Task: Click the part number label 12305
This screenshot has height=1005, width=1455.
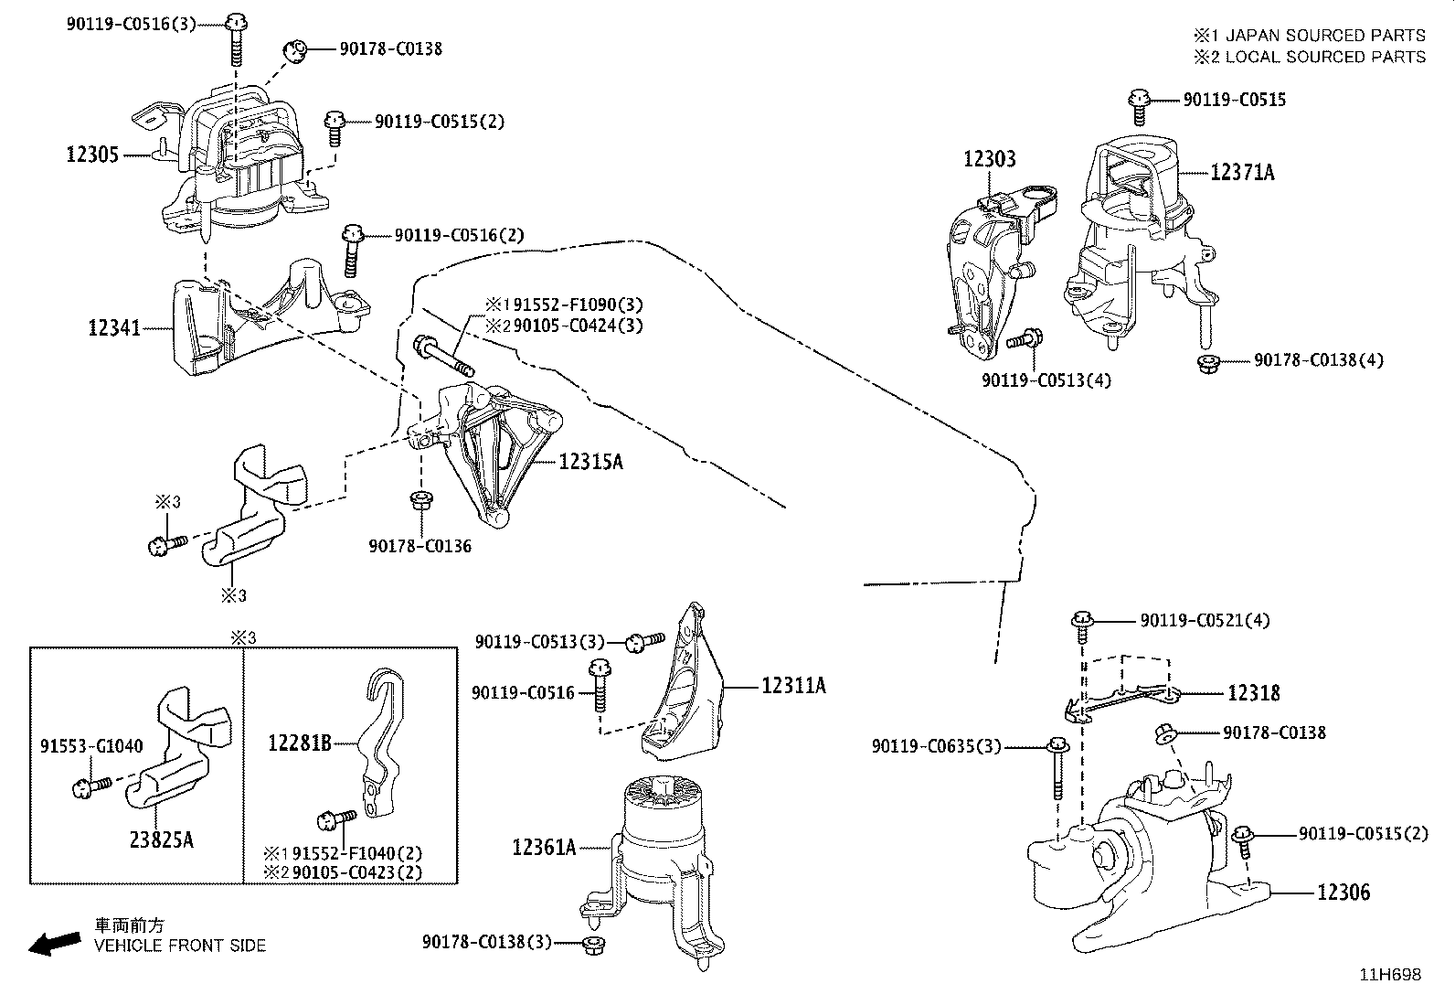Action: point(92,155)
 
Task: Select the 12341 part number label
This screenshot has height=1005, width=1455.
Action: point(114,327)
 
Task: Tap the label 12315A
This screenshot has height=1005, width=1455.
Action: point(590,462)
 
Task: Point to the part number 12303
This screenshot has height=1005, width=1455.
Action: point(989,158)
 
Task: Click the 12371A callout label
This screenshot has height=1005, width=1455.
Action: point(1242,172)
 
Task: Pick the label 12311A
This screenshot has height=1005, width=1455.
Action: point(793,685)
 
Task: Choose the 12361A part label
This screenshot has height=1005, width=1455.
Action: point(544,847)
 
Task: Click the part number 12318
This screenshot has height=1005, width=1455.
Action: point(1253,693)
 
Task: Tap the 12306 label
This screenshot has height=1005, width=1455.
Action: point(1343,892)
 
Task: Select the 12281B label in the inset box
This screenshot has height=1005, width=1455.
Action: point(300,743)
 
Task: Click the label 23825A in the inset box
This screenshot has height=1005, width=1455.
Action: point(161,839)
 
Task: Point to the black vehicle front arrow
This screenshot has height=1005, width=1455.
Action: point(55,943)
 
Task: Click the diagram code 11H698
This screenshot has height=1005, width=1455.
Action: point(1390,975)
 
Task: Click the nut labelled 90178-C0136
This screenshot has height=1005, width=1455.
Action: point(421,500)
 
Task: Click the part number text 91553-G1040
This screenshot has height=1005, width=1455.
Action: point(91,745)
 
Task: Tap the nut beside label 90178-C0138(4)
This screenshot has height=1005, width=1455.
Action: point(1208,363)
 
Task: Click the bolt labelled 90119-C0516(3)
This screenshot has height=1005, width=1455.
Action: point(237,39)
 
